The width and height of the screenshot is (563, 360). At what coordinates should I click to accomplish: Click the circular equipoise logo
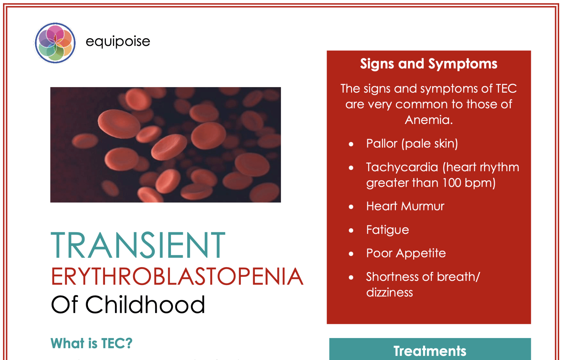click(x=55, y=43)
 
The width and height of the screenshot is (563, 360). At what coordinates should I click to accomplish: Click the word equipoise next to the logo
click(x=118, y=41)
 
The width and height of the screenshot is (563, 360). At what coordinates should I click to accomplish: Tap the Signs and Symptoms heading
click(x=428, y=64)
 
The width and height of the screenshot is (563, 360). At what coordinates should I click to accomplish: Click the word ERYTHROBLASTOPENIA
click(x=177, y=276)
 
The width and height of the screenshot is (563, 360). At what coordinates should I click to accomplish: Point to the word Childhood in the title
click(x=145, y=305)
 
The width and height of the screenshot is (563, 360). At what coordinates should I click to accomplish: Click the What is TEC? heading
click(x=91, y=343)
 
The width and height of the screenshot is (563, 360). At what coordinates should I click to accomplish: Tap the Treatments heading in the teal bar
click(x=430, y=351)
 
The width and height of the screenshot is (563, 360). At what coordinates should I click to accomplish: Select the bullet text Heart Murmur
click(x=405, y=206)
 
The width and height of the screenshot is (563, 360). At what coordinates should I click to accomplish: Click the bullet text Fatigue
click(x=387, y=230)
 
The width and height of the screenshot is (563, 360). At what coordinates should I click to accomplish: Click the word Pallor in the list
click(x=381, y=144)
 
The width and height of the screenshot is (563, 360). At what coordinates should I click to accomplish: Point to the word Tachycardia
click(x=402, y=167)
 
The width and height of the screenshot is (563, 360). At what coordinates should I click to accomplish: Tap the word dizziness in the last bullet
click(x=389, y=293)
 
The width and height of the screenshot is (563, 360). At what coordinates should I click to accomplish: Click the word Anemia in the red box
click(x=428, y=120)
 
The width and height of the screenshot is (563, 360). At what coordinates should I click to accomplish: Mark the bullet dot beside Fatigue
click(x=351, y=230)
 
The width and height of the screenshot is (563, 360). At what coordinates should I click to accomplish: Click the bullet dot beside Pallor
click(x=351, y=144)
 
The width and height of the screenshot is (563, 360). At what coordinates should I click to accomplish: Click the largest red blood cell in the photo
click(x=119, y=124)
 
